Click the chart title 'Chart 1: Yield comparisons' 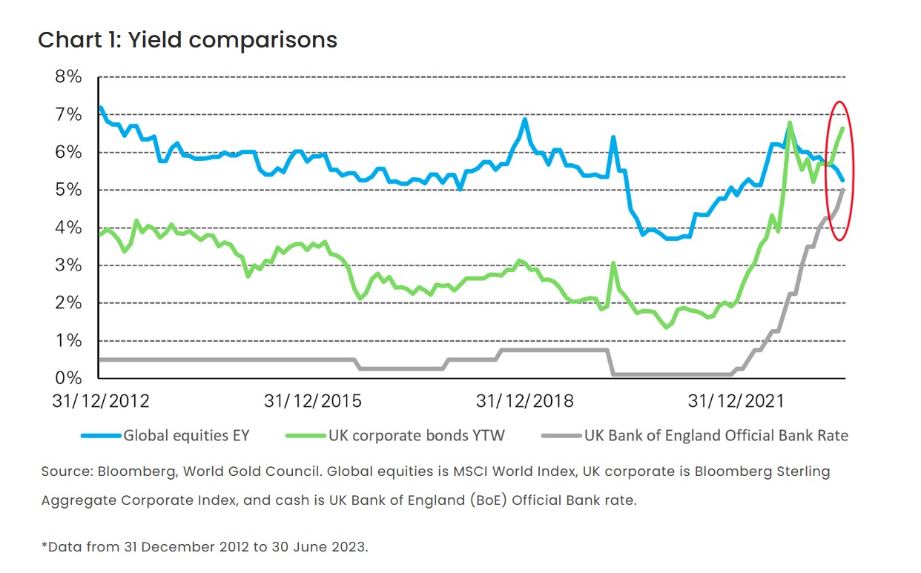pos(188,39)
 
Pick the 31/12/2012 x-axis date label pos(100,401)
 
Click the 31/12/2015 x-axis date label pos(313,401)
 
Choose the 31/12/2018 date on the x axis pos(525,401)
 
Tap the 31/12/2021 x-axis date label pos(736,401)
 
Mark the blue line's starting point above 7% pos(101,108)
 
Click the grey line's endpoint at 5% pos(844,190)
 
